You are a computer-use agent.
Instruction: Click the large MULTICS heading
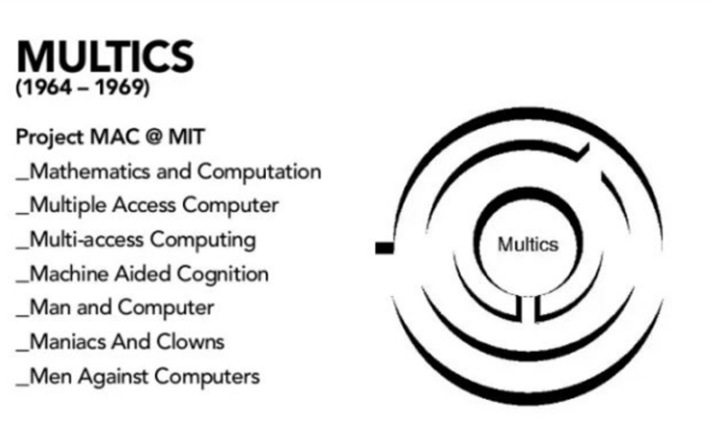pos(105,58)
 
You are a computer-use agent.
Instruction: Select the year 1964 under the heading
pos(44,88)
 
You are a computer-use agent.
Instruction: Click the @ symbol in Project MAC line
pos(150,138)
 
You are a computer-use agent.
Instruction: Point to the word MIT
pos(186,138)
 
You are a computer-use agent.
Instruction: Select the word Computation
pos(259,172)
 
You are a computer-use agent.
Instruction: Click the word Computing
pos(203,240)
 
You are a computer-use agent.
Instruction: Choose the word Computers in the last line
pos(207,377)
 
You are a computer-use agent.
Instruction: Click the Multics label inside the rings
pos(527,245)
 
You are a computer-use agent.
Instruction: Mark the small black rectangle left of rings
pos(384,247)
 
